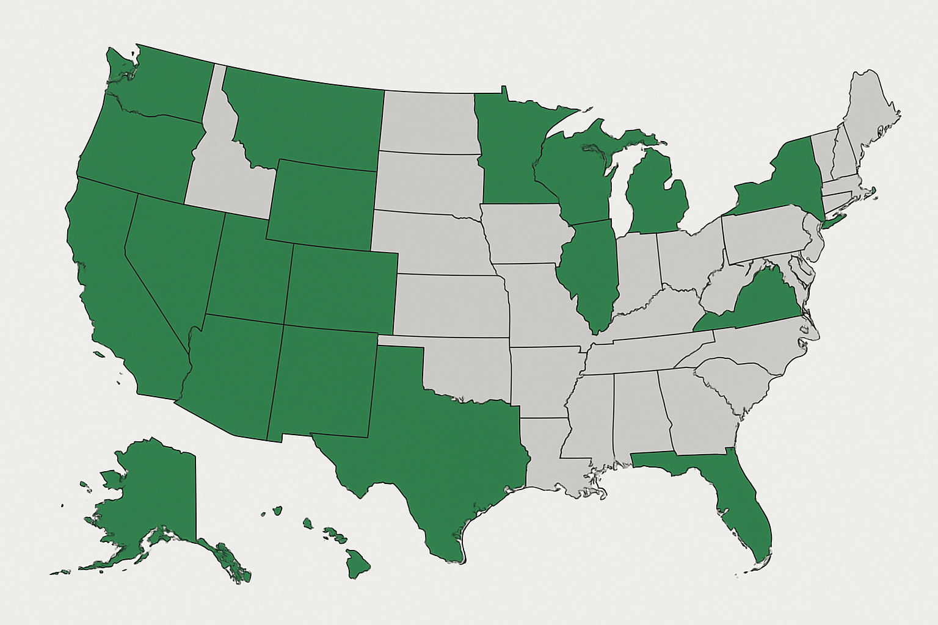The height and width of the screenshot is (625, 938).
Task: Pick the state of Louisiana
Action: pyautogui.click(x=547, y=452)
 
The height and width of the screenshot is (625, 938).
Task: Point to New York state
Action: pyautogui.click(x=782, y=183)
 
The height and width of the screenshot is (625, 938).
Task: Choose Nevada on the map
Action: pyautogui.click(x=171, y=256)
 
